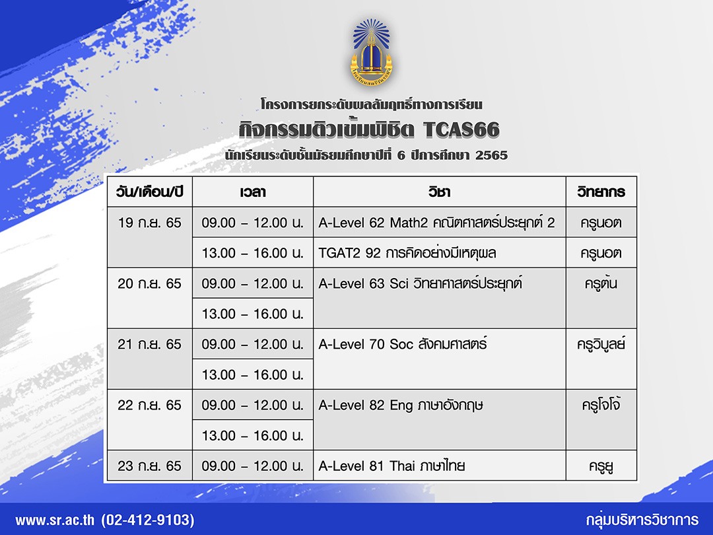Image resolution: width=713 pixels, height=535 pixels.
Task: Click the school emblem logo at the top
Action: click(x=372, y=53)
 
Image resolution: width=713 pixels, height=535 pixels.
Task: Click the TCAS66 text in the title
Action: click(x=461, y=130)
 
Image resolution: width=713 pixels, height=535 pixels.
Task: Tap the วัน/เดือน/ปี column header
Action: click(x=150, y=192)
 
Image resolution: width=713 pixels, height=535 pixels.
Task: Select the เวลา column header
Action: click(x=253, y=192)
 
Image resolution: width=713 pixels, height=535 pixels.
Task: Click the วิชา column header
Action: click(x=439, y=192)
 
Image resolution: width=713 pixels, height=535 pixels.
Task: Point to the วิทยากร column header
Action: click(x=601, y=192)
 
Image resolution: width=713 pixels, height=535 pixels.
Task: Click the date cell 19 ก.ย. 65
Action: click(x=150, y=223)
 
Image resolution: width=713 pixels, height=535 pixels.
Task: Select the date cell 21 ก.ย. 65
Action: click(x=150, y=344)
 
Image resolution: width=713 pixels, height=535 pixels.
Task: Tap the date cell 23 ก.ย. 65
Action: click(x=150, y=466)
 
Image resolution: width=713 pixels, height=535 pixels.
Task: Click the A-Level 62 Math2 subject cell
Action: click(x=436, y=223)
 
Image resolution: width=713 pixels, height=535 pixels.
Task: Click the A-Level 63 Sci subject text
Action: click(x=420, y=283)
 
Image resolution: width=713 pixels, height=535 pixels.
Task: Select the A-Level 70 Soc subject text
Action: click(x=403, y=344)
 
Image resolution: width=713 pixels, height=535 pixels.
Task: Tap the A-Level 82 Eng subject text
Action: click(x=401, y=405)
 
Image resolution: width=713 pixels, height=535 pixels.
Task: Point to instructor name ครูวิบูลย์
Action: click(x=601, y=344)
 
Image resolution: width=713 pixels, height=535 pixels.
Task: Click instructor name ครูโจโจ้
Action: click(x=601, y=404)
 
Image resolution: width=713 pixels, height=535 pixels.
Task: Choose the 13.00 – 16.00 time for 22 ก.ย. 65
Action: click(x=253, y=435)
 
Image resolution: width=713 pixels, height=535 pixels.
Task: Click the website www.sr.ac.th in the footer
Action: click(x=55, y=520)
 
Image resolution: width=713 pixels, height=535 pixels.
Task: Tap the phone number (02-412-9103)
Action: click(x=148, y=520)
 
